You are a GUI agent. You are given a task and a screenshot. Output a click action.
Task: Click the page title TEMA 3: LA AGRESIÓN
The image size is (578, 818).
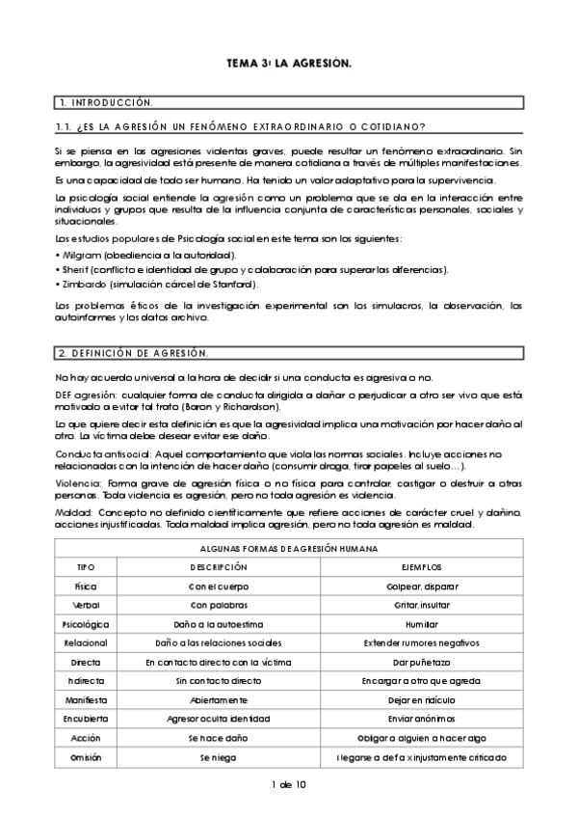(x=288, y=63)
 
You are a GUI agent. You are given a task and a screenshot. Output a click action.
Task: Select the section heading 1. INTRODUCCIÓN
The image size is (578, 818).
(x=106, y=101)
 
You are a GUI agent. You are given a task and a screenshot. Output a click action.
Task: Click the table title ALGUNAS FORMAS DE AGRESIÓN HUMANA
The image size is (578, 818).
(x=288, y=548)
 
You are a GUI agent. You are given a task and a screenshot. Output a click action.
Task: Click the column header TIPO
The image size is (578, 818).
(x=86, y=566)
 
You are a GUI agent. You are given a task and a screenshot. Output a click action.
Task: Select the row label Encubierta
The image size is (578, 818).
(x=86, y=719)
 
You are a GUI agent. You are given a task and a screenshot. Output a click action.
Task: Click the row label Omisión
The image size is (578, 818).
(x=86, y=757)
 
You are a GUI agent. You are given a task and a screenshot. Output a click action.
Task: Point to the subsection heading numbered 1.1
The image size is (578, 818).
(x=241, y=127)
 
